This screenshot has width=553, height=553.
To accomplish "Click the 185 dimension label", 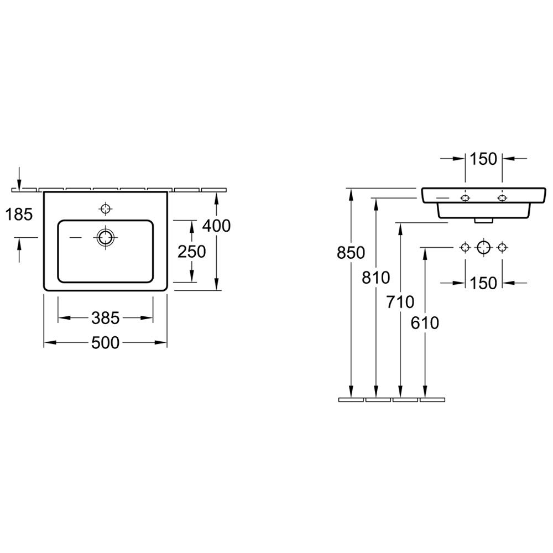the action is tap(19, 215).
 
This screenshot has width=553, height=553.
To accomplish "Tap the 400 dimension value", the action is tap(216, 226).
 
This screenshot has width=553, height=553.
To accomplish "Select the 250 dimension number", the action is tap(191, 252).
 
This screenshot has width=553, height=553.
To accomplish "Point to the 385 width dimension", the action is tap(106, 318).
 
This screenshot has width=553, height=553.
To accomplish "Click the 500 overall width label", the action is tap(106, 342).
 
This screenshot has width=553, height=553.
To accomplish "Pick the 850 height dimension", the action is tap(351, 253).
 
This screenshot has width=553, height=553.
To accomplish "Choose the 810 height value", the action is tap(375, 278).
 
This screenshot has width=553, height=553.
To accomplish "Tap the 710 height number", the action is tap(400, 302).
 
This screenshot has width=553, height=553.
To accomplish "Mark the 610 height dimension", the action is tap(425, 323).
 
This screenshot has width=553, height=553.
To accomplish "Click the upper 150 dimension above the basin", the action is tap(483, 159).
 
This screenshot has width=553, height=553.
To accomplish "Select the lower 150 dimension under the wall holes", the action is tap(483, 283).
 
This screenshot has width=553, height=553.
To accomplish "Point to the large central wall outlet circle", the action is tap(483, 248).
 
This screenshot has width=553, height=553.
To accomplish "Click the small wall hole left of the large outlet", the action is tap(465, 248).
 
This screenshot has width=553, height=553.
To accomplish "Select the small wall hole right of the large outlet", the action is tap(502, 248).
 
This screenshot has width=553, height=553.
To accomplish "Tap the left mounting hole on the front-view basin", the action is tap(465, 198).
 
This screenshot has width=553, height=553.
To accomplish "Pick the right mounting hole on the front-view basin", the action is tap(502, 198).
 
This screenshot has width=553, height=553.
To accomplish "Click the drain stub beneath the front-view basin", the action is tap(483, 221).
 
